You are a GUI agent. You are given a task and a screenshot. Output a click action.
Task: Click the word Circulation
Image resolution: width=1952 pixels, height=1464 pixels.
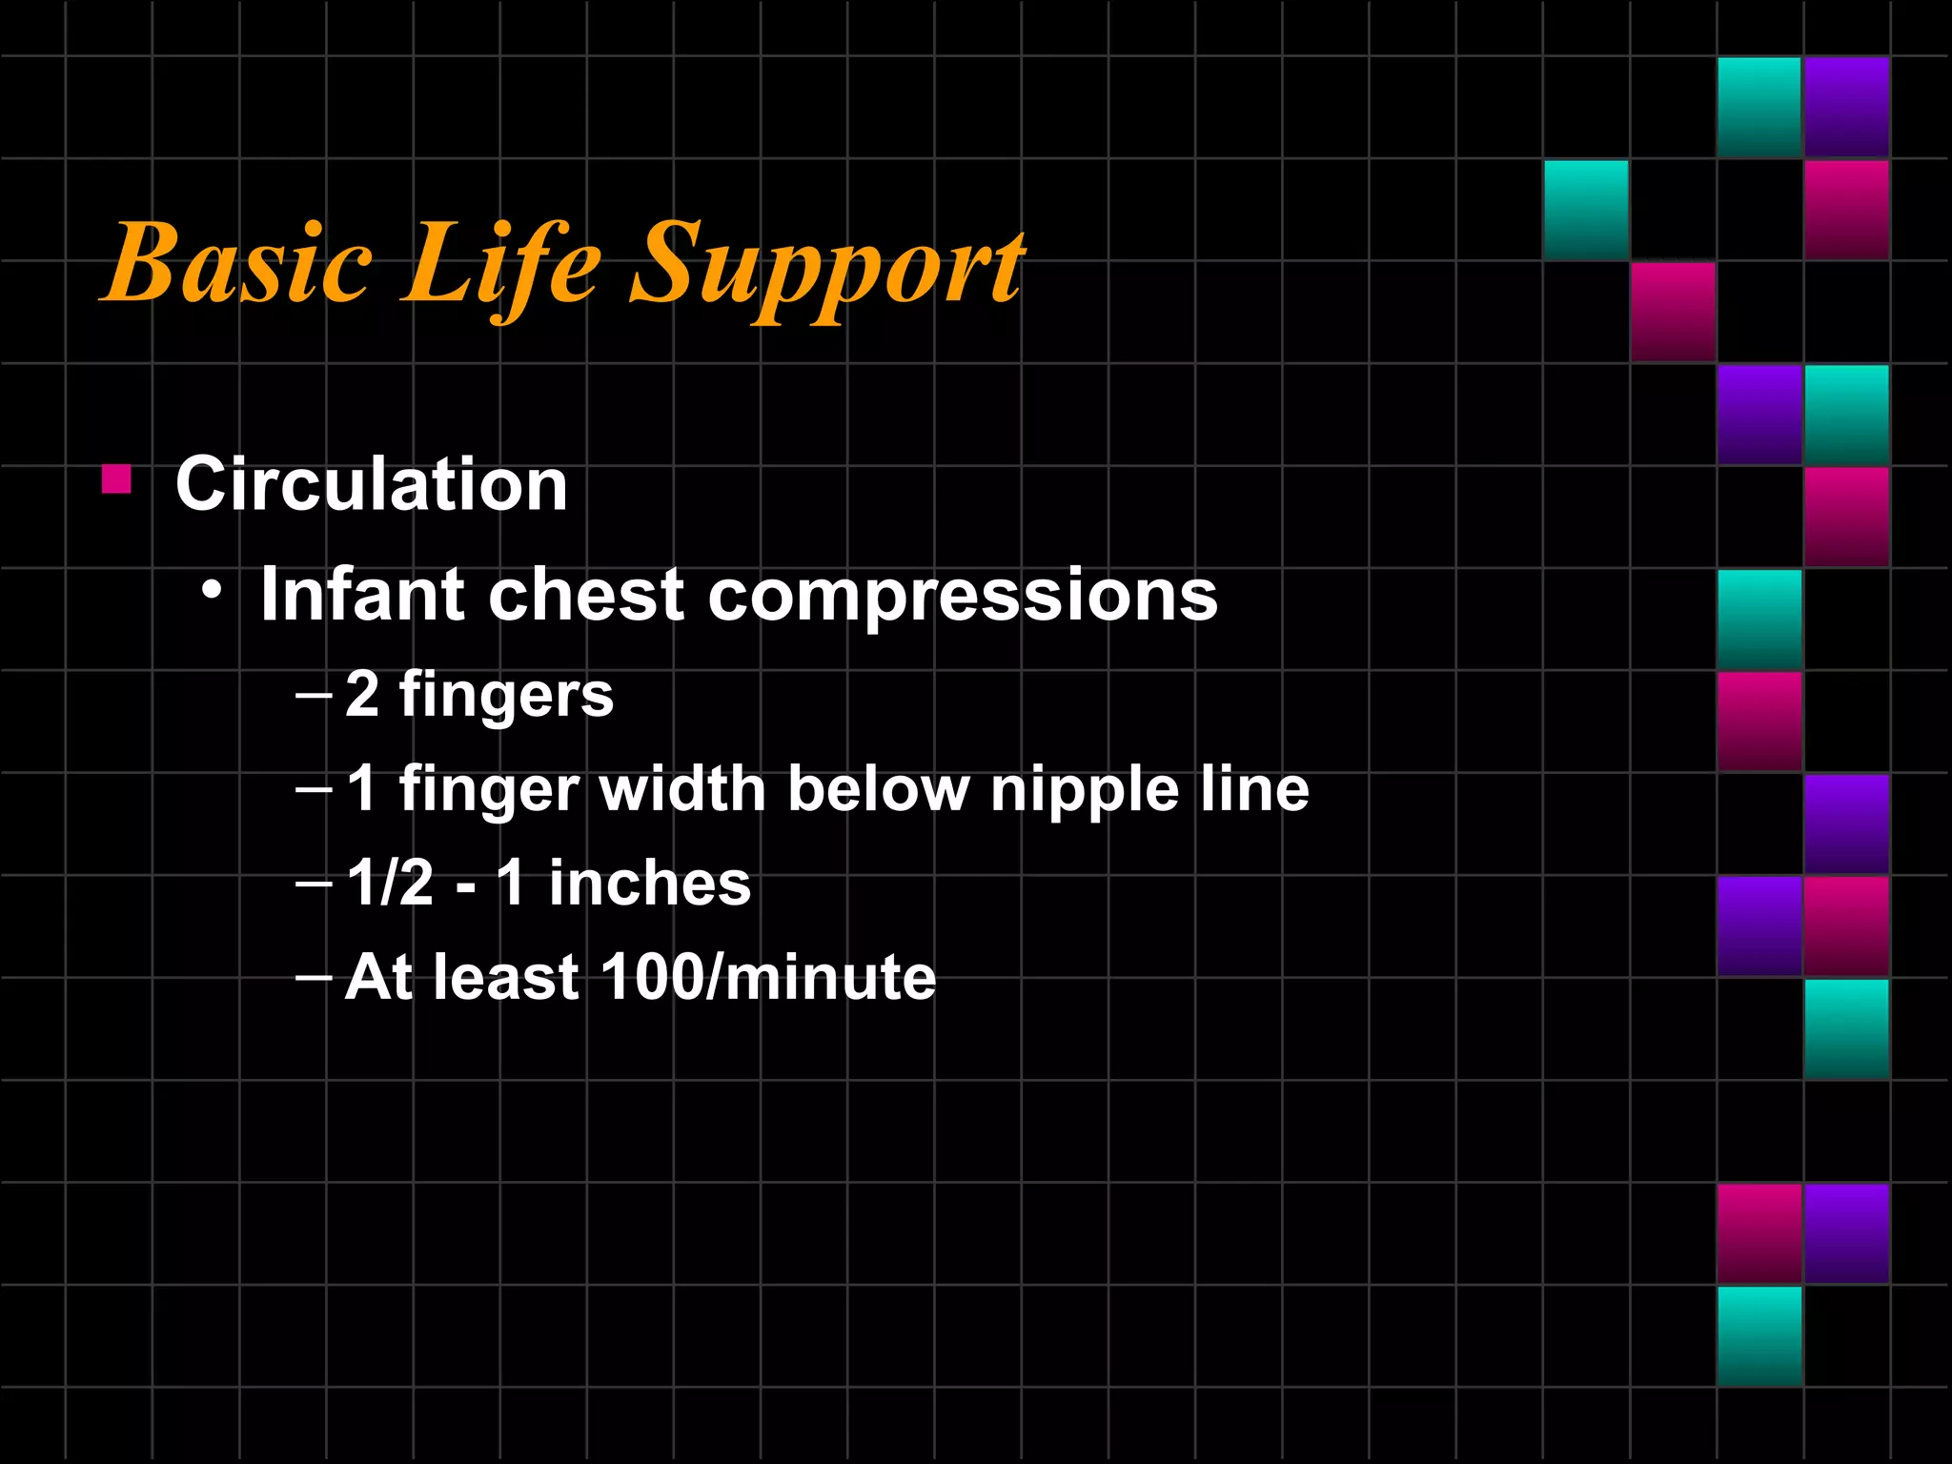coord(372,484)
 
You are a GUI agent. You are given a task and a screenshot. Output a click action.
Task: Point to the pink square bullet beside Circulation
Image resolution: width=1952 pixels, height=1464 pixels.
coord(116,478)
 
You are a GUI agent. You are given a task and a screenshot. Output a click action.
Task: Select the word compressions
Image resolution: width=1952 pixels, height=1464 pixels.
coord(963,597)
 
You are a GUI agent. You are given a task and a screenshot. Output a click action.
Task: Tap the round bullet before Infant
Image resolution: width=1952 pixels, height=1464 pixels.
coord(213,591)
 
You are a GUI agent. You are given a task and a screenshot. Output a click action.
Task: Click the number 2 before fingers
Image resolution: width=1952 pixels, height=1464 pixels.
coord(362,693)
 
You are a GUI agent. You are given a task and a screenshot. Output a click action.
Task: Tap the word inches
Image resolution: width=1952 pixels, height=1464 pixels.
coord(650,882)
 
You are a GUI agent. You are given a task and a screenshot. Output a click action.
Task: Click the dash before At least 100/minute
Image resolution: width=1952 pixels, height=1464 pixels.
coord(314,976)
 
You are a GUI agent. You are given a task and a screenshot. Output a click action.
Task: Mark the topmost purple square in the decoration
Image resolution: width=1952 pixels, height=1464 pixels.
coord(1846,107)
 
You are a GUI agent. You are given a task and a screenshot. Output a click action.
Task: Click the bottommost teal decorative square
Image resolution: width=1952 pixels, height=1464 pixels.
coord(1759,1335)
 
